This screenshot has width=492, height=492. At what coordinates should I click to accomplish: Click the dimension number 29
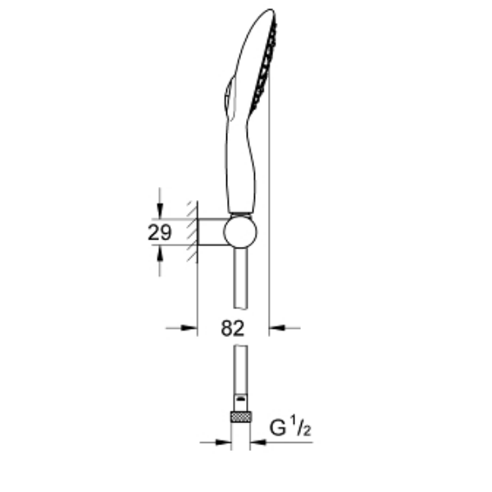(159, 232)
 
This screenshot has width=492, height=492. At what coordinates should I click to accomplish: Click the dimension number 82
(234, 329)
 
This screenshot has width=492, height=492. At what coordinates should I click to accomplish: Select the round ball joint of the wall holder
(241, 232)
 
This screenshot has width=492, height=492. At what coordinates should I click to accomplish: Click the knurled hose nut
(240, 416)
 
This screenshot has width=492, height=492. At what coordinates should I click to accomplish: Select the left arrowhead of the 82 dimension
(191, 329)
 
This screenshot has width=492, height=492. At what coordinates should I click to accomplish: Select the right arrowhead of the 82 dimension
(276, 329)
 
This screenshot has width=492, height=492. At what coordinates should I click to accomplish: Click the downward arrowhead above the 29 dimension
(160, 210)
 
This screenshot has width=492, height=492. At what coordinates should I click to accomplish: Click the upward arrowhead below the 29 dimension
(160, 253)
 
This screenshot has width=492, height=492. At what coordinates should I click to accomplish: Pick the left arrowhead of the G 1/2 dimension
(224, 443)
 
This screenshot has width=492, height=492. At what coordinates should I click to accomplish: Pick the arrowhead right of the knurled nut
(257, 443)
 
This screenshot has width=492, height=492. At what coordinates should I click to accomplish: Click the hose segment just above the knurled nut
(240, 373)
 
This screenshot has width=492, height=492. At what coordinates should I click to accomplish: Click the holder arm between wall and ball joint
(212, 232)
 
